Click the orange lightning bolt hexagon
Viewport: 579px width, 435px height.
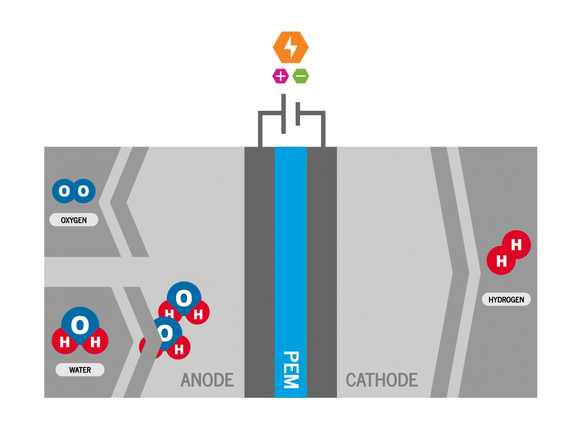pos(290,47)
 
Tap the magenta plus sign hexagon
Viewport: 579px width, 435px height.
pos(280,76)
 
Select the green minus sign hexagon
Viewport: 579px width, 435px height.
pos(301,76)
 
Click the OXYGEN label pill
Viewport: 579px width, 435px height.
pos(74,220)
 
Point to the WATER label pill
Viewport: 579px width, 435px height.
pos(80,369)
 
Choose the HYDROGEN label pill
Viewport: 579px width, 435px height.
pos(506,299)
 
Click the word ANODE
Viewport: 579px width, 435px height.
pos(207,380)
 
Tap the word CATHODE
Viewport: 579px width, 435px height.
pos(382,380)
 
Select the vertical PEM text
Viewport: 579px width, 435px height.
pos(291,370)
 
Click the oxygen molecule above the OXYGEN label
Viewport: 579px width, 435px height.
pos(74,191)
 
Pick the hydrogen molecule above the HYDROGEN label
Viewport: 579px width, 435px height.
pos(509,252)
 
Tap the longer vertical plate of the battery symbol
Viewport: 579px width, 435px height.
pos(283,114)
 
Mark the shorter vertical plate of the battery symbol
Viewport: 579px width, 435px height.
pos(298,114)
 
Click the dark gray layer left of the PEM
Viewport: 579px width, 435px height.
pos(260,272)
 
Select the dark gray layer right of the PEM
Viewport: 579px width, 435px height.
pos(322,272)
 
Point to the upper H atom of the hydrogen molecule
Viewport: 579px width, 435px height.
pos(517,244)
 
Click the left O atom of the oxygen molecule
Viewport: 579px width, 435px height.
pos(64,191)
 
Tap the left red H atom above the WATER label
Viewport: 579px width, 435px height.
pos(64,341)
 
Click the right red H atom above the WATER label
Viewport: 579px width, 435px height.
pos(95,341)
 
